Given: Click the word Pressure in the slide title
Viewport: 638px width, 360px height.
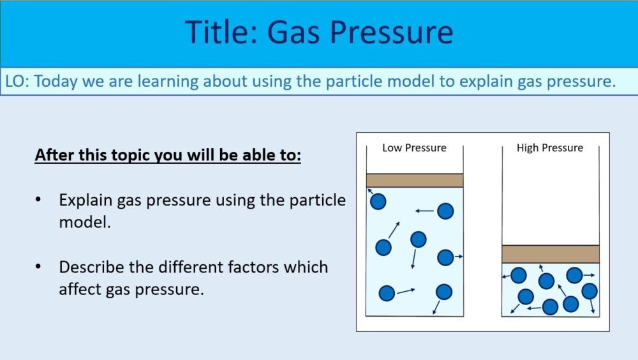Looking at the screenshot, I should coord(391,32).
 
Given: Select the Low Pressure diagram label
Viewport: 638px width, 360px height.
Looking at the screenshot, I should coord(414,147).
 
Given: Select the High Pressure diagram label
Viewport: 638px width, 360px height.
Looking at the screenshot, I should coord(549,147).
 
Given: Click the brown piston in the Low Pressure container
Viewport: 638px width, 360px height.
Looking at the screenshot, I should coord(414,180).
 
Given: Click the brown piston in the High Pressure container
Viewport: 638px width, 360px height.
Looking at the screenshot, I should coord(550,253).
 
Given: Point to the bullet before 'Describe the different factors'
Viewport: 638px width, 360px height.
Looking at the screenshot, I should coord(40,267).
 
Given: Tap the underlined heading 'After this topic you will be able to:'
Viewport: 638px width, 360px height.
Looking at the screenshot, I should coord(167,156).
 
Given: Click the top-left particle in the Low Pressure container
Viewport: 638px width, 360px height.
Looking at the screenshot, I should coord(378,202).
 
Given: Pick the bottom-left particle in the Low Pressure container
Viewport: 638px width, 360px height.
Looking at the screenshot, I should coord(387,293).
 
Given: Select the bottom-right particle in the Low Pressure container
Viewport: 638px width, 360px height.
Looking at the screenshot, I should coord(444,292).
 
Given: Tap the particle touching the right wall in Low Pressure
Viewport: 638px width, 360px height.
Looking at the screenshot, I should coord(445,257).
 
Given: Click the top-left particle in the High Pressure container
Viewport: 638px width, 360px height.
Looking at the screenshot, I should coord(519,275).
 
